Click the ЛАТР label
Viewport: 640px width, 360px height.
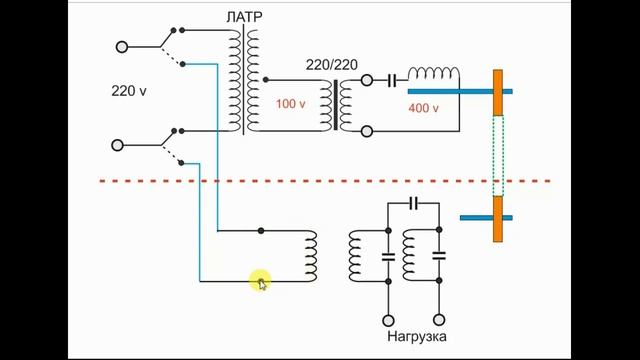click(x=244, y=17)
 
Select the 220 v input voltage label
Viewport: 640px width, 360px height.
click(x=129, y=91)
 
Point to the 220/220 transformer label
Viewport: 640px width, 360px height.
click(x=332, y=64)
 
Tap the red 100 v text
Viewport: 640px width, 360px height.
click(x=290, y=104)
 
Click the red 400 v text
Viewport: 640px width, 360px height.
click(x=423, y=108)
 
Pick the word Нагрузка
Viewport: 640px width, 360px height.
click(x=417, y=337)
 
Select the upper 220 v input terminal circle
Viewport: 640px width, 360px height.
click(x=122, y=47)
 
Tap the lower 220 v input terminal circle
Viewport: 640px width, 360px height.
click(x=117, y=145)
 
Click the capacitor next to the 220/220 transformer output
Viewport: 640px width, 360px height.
click(x=392, y=81)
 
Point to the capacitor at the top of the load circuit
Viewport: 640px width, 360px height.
click(x=413, y=203)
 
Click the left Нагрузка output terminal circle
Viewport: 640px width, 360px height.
click(x=388, y=320)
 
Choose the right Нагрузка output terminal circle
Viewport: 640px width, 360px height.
click(x=439, y=320)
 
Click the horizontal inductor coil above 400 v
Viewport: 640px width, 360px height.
click(x=433, y=73)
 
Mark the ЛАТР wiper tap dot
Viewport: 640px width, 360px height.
click(x=266, y=80)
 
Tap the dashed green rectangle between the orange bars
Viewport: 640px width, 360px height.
click(x=498, y=156)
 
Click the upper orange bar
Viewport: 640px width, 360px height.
click(x=498, y=93)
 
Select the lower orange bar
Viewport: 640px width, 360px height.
click(x=498, y=219)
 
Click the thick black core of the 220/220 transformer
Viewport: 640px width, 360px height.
click(x=336, y=105)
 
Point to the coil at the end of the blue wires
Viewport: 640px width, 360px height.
click(x=311, y=256)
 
